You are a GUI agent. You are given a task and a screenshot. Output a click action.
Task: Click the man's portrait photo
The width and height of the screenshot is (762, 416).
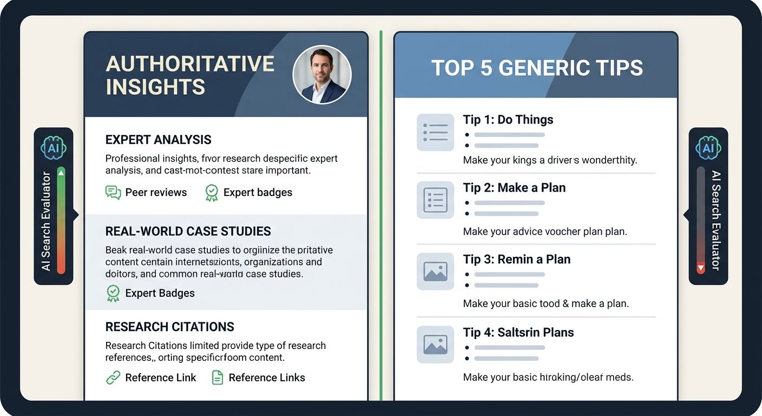point(322,75)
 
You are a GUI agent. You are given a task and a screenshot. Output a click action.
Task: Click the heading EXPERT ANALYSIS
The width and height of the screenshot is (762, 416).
point(159,140)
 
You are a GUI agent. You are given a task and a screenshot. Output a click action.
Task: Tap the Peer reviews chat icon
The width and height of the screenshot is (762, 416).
point(113,192)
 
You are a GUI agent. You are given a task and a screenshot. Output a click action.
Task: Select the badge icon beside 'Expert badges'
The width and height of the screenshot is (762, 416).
point(212,192)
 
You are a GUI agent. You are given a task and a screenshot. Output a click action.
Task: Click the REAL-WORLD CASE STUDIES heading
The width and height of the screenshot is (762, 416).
point(188,231)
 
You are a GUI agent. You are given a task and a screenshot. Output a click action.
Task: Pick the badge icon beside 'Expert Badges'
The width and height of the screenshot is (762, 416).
point(113,293)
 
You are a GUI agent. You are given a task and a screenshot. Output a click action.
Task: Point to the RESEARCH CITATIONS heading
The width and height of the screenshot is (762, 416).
point(170,327)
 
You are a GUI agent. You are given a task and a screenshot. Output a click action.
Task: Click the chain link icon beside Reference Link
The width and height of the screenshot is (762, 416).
point(113,378)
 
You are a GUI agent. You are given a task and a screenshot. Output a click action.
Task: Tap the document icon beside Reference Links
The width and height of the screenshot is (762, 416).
point(217,378)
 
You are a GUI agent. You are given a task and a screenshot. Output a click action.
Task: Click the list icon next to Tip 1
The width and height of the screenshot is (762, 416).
point(435,132)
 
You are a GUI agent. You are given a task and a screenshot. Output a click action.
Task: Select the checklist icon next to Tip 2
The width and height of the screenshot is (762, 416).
point(435,200)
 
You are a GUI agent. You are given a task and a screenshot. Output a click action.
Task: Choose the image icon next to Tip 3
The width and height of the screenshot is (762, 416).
point(435,271)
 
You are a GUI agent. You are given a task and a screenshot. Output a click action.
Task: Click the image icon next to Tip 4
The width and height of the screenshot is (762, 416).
point(435,344)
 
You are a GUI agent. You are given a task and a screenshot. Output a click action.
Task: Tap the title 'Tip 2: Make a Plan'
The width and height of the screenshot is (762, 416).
point(514,188)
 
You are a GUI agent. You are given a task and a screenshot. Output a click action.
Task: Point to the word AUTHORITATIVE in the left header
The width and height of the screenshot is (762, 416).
point(190,64)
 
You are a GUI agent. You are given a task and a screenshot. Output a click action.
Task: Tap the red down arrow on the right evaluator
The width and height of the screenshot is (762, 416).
point(701,268)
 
